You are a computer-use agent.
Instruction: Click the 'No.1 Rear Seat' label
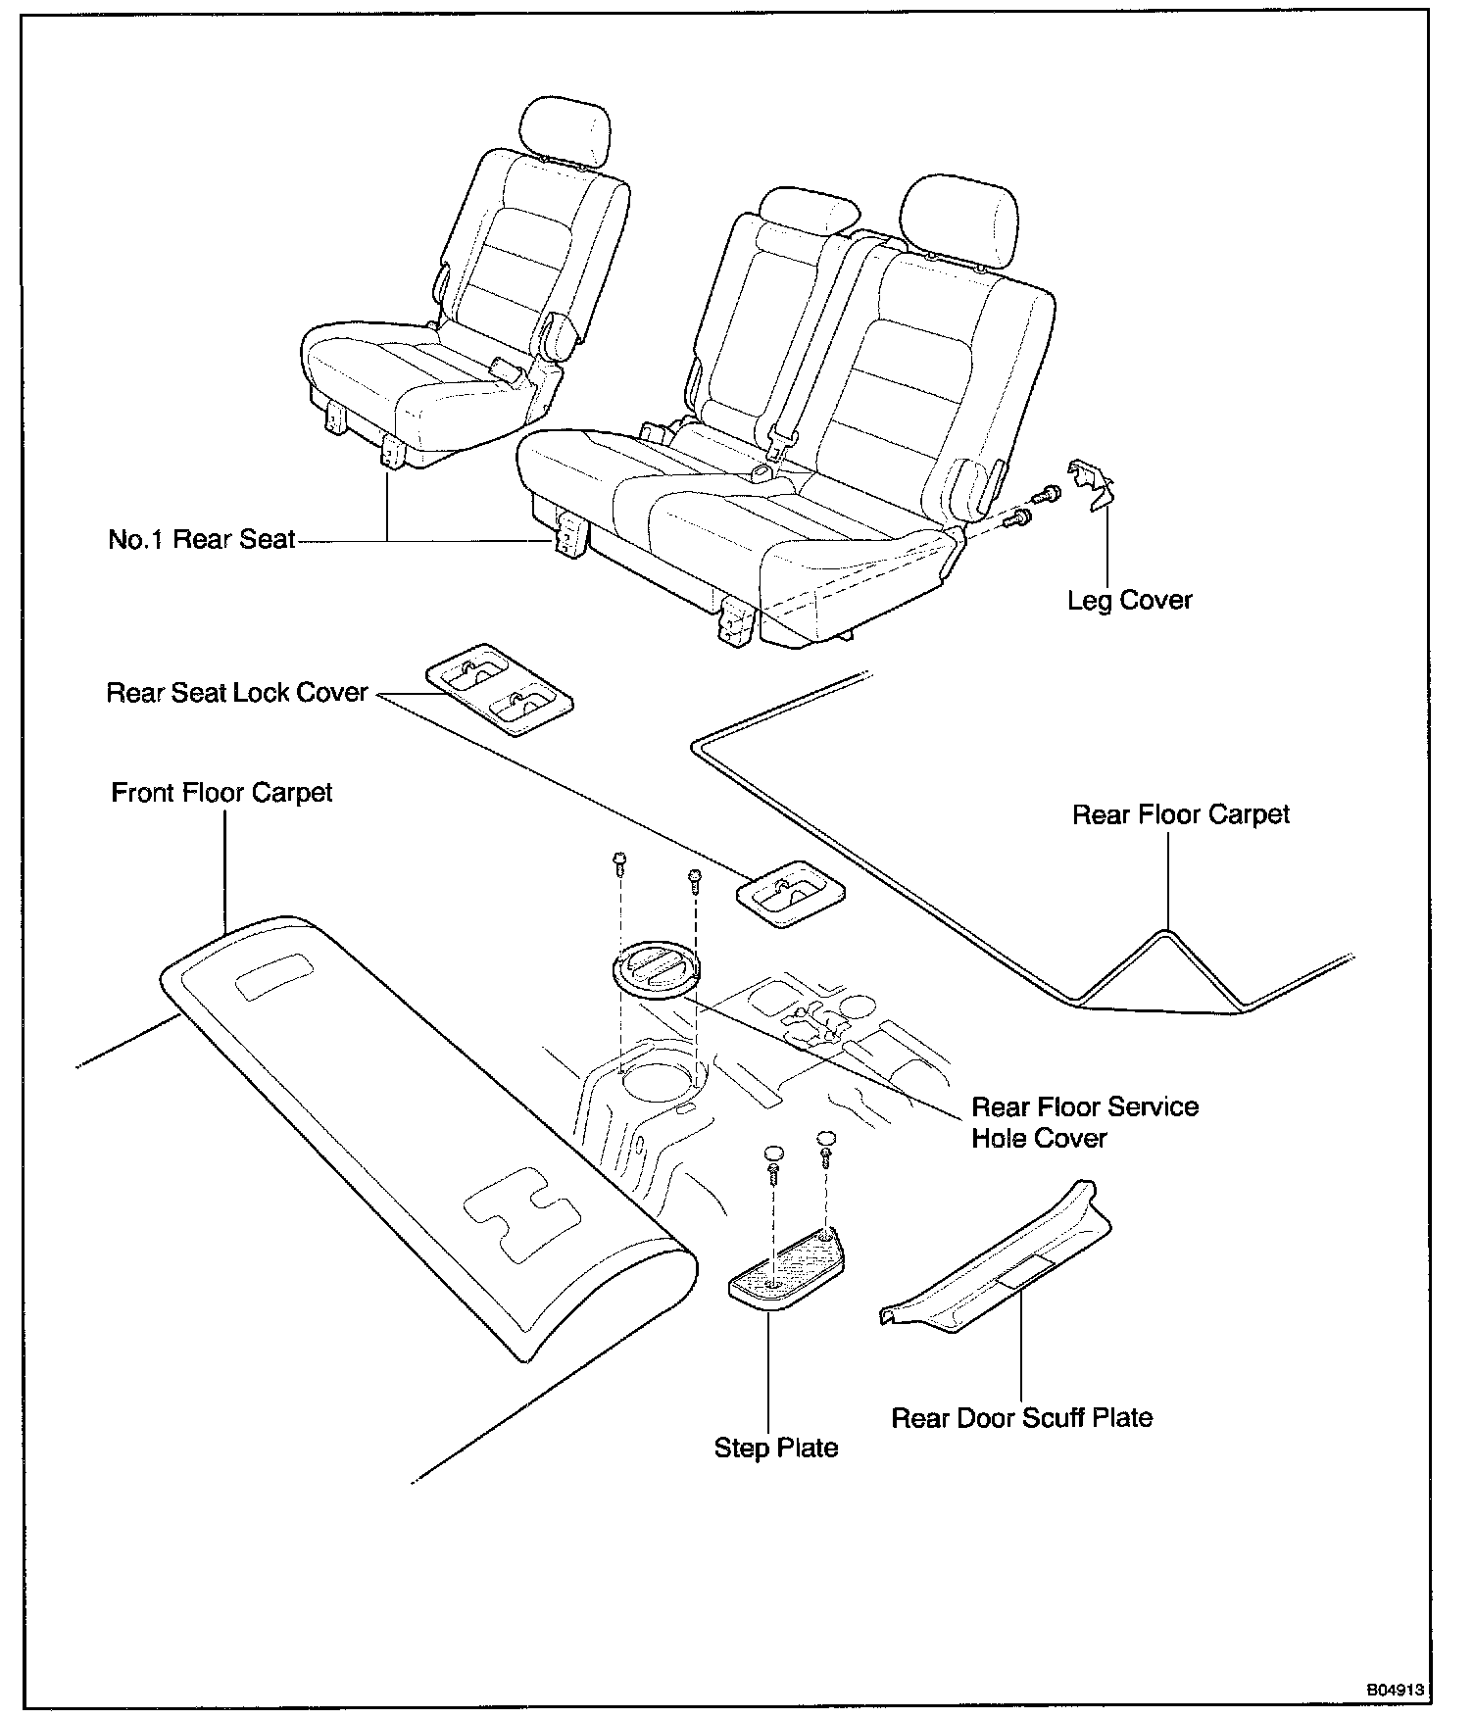[x=201, y=540]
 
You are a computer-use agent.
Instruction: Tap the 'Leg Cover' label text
[x=1129, y=600]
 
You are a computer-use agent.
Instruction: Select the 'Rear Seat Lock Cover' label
[x=237, y=693]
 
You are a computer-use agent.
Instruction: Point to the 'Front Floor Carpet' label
[x=221, y=792]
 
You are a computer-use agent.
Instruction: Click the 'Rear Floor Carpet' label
[x=1180, y=814]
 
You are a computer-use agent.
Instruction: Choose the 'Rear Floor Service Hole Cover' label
[x=1084, y=1122]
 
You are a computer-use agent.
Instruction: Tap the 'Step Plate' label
[x=775, y=1448]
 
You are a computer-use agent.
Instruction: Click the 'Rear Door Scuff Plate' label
[x=1021, y=1417]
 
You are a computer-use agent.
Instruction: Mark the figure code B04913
[x=1395, y=1690]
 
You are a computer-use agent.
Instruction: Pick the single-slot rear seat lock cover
[x=790, y=893]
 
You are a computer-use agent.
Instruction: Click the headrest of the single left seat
[x=566, y=128]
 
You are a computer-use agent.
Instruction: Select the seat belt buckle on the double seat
[x=781, y=446]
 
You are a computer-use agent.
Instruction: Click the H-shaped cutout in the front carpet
[x=520, y=1212]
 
